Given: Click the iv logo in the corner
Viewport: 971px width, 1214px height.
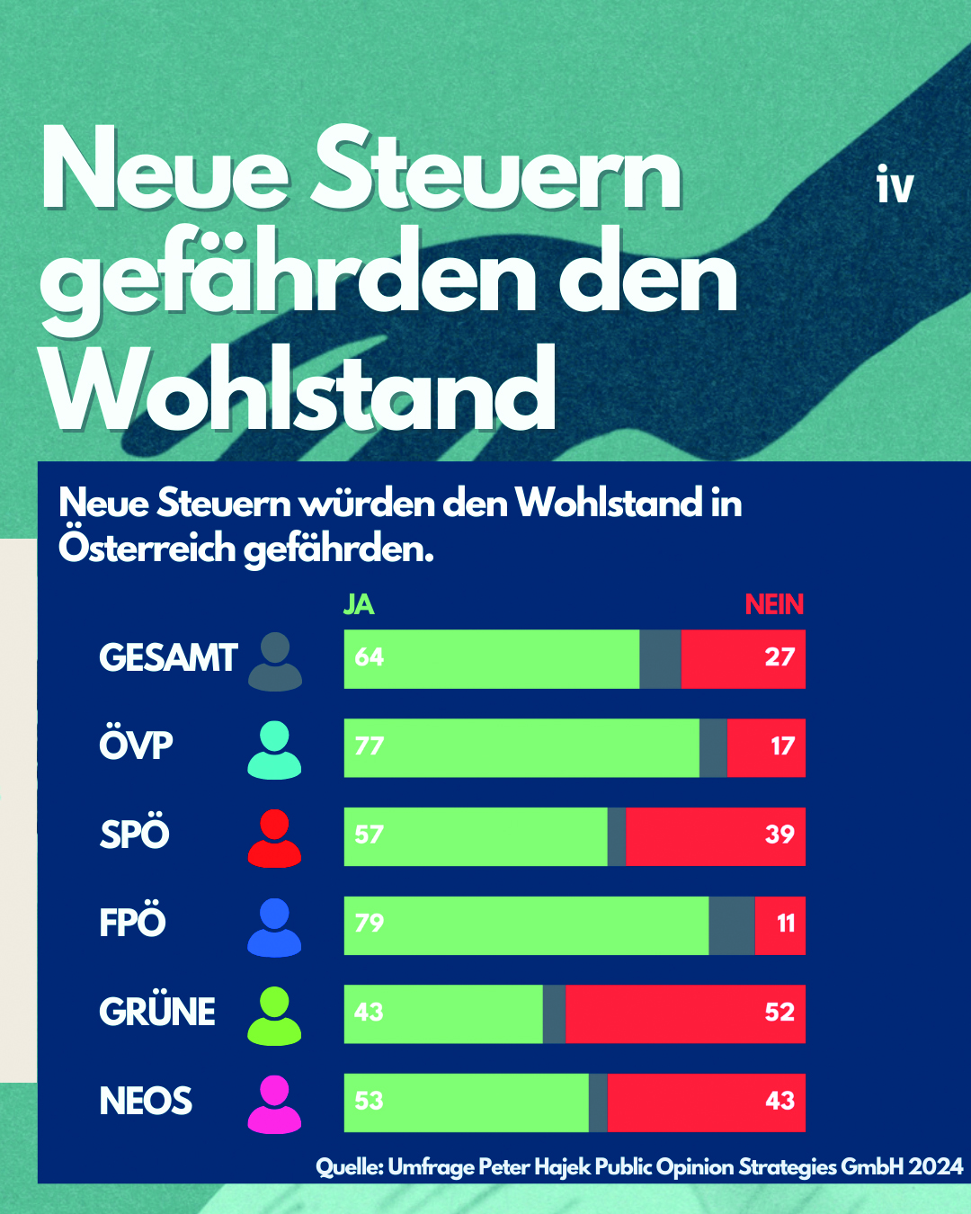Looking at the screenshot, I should pos(895,185).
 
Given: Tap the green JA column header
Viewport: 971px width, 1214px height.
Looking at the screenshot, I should pos(359,604).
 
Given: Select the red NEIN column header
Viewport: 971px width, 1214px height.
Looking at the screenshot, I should pos(774,604).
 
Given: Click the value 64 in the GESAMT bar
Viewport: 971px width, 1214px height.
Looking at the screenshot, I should pos(370,657).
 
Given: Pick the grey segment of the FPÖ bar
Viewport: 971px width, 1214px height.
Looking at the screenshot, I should pos(731,925).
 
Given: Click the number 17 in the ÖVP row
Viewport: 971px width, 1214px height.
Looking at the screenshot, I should pos(782,746).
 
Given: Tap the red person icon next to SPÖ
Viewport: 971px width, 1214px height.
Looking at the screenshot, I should pos(274,838).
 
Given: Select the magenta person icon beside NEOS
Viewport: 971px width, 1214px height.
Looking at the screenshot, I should pos(274,1104).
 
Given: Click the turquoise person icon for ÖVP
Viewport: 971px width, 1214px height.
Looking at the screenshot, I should pos(274,750).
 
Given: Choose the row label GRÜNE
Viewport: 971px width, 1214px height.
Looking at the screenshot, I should pos(157,1013).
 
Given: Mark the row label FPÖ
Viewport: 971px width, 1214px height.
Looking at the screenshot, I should pos(133,924).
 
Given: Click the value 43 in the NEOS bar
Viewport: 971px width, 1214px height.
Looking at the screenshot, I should pos(779,1101).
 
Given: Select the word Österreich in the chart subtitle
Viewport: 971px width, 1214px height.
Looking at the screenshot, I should pos(149,549).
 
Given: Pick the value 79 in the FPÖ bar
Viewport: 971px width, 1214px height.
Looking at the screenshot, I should pos(370,924).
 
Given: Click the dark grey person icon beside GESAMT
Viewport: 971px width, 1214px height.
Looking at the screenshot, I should pos(274,661).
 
